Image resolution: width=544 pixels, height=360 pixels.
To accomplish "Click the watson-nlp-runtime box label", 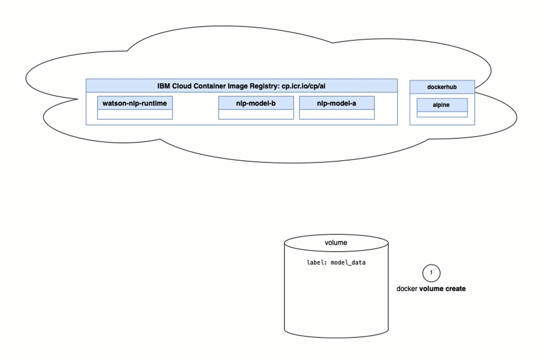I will [135, 103].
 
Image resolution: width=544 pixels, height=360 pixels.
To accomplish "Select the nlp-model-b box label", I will [256, 103].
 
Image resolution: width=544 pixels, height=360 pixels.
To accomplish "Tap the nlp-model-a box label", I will [336, 103].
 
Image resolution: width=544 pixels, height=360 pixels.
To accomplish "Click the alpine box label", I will [441, 105].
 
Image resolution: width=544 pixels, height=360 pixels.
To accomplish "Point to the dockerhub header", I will [442, 87].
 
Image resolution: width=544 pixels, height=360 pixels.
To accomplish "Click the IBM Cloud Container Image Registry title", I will [241, 86].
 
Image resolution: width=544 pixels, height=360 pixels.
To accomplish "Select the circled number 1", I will [431, 273].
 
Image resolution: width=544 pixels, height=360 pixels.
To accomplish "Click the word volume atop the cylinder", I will [336, 243].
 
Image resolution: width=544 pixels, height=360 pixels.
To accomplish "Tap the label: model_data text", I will [336, 262].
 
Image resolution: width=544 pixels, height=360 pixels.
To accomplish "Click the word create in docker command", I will [455, 289].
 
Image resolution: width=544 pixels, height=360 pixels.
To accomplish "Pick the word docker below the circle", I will [407, 289].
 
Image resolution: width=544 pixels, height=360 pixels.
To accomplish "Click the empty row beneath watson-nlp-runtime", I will [135, 114].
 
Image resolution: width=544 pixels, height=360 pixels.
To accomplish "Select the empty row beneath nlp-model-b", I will [256, 114].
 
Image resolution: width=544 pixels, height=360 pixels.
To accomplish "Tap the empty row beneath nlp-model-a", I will [336, 114].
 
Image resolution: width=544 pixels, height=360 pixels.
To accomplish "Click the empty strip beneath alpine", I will [442, 114].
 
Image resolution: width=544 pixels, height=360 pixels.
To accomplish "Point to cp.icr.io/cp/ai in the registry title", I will [303, 86].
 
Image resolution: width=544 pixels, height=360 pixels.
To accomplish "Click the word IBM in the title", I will [164, 86].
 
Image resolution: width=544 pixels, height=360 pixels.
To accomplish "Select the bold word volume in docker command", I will [431, 289].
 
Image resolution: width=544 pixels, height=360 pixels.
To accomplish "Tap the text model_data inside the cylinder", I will [348, 262].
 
